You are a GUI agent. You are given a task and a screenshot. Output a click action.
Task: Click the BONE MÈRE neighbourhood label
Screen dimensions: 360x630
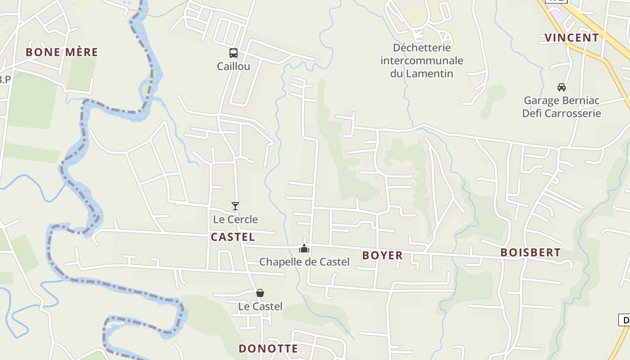[x=62, y=52]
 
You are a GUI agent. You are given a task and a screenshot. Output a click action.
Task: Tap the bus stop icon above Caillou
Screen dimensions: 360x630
[x=233, y=53]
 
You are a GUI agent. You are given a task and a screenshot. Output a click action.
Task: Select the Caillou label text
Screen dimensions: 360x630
[x=233, y=66]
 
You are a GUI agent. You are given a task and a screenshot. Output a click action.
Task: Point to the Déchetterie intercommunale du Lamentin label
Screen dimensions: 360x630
[x=422, y=60]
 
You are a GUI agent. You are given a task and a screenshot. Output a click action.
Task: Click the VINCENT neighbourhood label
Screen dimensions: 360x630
[x=571, y=38]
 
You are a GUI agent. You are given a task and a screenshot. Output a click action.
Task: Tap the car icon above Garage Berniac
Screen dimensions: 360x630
[x=561, y=87]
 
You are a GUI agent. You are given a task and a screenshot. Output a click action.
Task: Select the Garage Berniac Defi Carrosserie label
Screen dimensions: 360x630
[x=561, y=107]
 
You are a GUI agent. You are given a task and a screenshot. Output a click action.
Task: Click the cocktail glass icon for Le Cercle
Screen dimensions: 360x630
[x=235, y=206]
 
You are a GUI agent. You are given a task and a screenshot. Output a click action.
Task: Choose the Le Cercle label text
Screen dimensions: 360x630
[x=235, y=220]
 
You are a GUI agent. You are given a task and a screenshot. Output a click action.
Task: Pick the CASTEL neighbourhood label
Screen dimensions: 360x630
[x=233, y=237]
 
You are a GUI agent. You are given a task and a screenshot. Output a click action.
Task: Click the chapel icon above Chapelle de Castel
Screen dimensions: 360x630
[x=304, y=248]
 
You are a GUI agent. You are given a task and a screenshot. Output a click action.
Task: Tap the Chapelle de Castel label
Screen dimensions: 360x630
[x=304, y=262]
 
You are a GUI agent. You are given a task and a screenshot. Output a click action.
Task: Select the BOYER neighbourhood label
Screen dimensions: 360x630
[x=382, y=256]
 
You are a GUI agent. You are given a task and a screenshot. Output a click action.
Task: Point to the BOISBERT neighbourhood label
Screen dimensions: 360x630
[x=530, y=253]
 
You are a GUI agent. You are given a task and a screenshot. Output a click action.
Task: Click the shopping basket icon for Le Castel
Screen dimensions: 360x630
[x=260, y=293]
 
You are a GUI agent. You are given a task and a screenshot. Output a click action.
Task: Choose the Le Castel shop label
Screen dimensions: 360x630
[x=260, y=306]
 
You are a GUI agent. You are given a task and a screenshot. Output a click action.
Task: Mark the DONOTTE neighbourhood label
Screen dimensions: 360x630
[x=268, y=349]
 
